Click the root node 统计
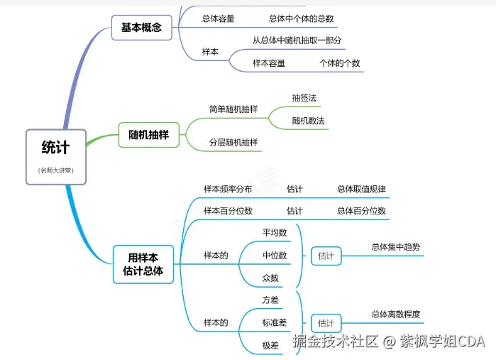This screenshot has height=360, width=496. click(56, 148)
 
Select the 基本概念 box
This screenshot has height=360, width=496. click(141, 28)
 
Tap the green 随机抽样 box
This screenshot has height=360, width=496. click(148, 134)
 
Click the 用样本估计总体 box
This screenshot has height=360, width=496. click(143, 264)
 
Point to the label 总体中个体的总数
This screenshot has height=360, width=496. click(302, 18)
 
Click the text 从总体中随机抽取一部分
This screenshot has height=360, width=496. click(297, 40)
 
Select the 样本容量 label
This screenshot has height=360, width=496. click(269, 63)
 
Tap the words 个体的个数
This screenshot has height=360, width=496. click(339, 63)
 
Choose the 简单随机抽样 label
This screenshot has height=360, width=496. click(233, 109)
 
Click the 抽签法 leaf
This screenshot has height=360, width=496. click(304, 97)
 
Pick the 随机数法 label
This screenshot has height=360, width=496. click(308, 121)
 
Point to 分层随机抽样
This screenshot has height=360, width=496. click(233, 143)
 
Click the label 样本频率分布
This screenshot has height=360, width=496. click(227, 189)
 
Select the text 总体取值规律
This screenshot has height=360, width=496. click(361, 189)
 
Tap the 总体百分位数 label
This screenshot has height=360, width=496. click(361, 211)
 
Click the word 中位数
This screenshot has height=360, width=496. click(275, 255)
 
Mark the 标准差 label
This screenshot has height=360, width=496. click(275, 323)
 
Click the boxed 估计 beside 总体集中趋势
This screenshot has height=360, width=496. click(326, 256)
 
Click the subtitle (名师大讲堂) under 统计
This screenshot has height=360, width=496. click(56, 170)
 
